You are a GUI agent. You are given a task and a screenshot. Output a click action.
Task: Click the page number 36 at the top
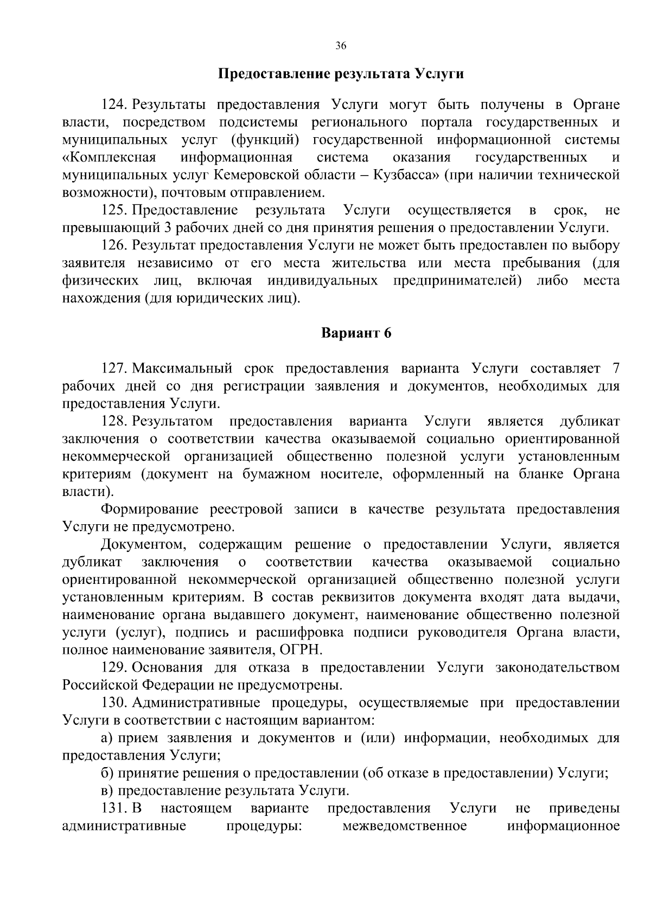point(341,46)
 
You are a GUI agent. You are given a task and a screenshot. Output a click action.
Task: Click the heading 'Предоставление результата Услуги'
point(341,74)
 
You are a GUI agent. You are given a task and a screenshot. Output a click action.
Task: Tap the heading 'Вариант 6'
point(356,333)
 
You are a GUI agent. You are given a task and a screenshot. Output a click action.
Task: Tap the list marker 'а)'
point(107,738)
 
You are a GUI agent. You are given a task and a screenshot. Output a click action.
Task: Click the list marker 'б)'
point(107,773)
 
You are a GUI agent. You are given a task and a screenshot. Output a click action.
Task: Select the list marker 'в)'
point(107,791)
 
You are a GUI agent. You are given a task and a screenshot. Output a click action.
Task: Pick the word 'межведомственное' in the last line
point(405,826)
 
